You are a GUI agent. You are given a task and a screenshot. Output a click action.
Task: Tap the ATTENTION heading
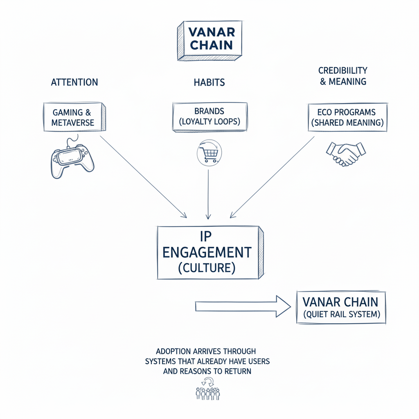coord(74,82)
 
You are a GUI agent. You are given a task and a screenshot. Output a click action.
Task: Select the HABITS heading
coord(209,82)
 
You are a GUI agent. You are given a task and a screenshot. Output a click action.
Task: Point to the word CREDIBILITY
coord(343,70)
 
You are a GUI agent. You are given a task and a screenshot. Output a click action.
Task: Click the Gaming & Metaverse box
coord(73,117)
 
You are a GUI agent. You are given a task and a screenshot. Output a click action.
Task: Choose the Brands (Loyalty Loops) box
coord(209,117)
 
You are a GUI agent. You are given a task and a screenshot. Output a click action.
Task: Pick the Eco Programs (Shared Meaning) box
coord(347,117)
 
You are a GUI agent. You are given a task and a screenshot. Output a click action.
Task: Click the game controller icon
coord(72,160)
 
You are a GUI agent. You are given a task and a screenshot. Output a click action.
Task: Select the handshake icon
coord(345,154)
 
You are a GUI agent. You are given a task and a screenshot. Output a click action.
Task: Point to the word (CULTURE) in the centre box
coord(207,268)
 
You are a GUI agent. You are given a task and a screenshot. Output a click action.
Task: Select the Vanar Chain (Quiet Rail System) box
coord(340,307)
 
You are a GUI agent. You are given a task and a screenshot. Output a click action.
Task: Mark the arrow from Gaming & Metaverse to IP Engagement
coord(143,176)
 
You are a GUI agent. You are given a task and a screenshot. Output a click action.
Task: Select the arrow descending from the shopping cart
coord(208,192)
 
